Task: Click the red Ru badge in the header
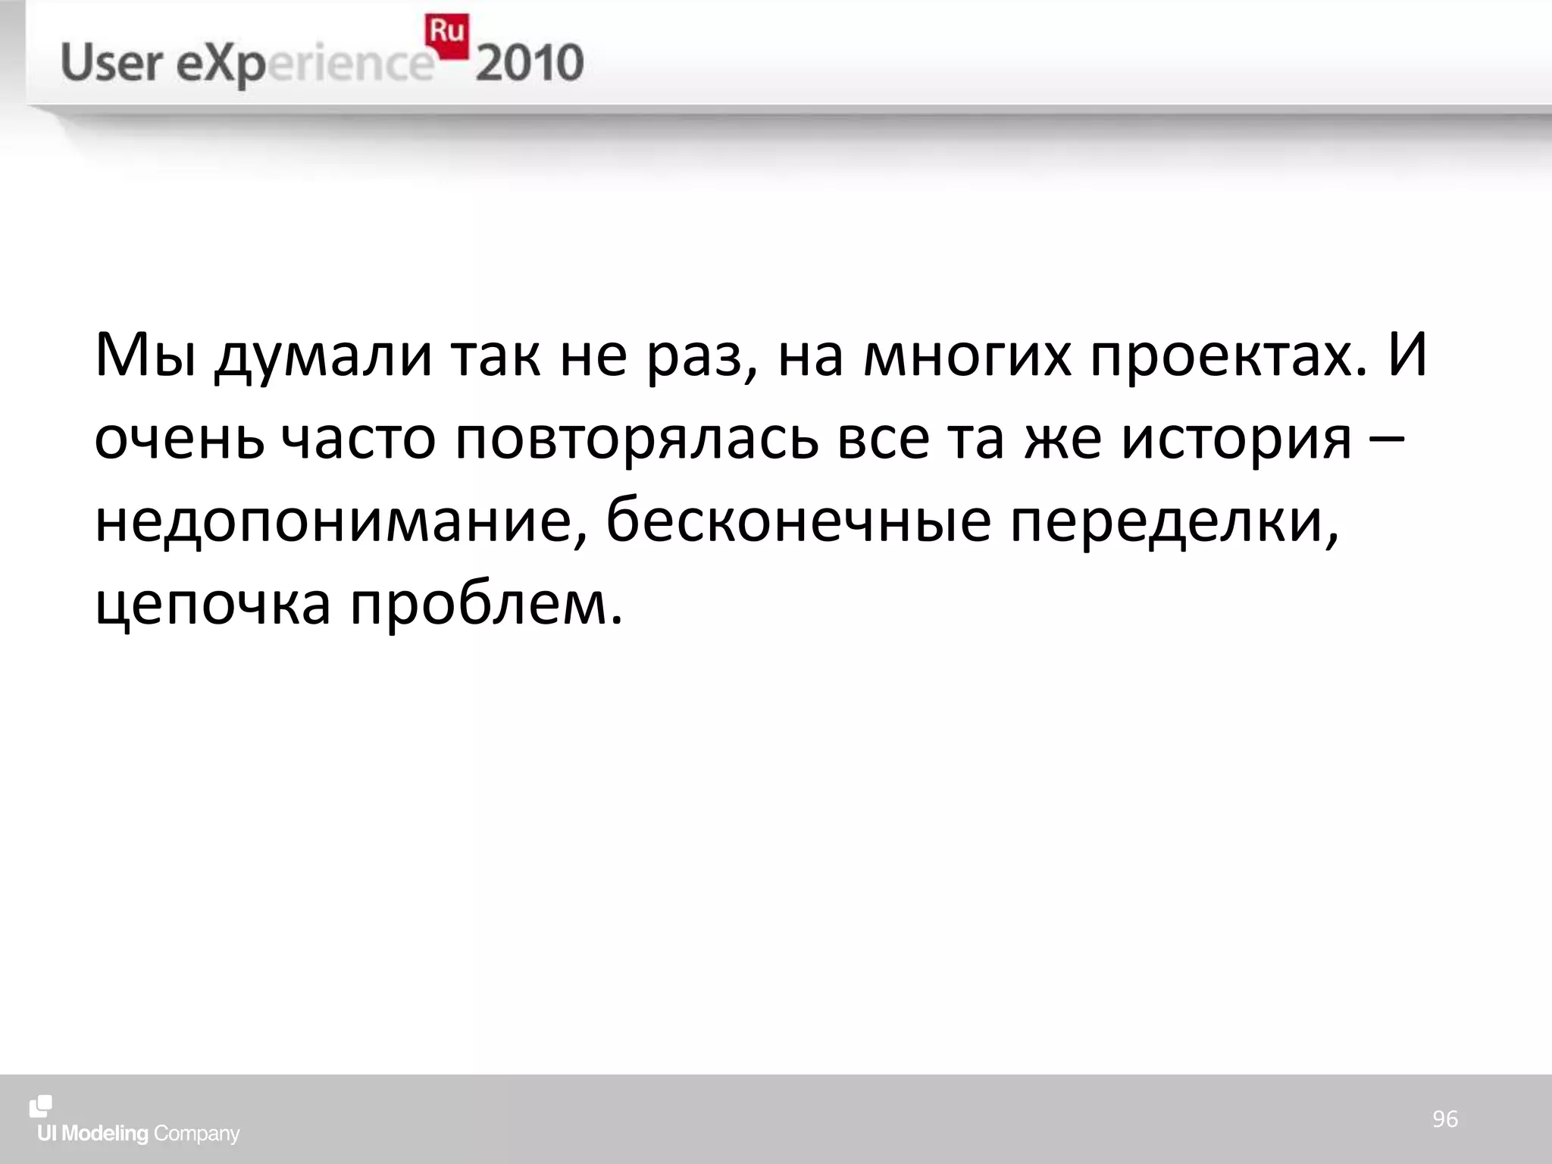pyautogui.click(x=446, y=35)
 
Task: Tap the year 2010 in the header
pyautogui.click(x=530, y=64)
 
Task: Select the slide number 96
pyautogui.click(x=1444, y=1119)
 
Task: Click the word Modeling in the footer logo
pyautogui.click(x=105, y=1134)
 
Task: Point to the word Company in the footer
pyautogui.click(x=196, y=1134)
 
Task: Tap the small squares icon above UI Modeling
pyautogui.click(x=41, y=1106)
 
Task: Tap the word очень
pyautogui.click(x=179, y=440)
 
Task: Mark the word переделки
pyautogui.click(x=1174, y=523)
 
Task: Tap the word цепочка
pyautogui.click(x=213, y=606)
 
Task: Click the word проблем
pyautogui.click(x=486, y=606)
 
